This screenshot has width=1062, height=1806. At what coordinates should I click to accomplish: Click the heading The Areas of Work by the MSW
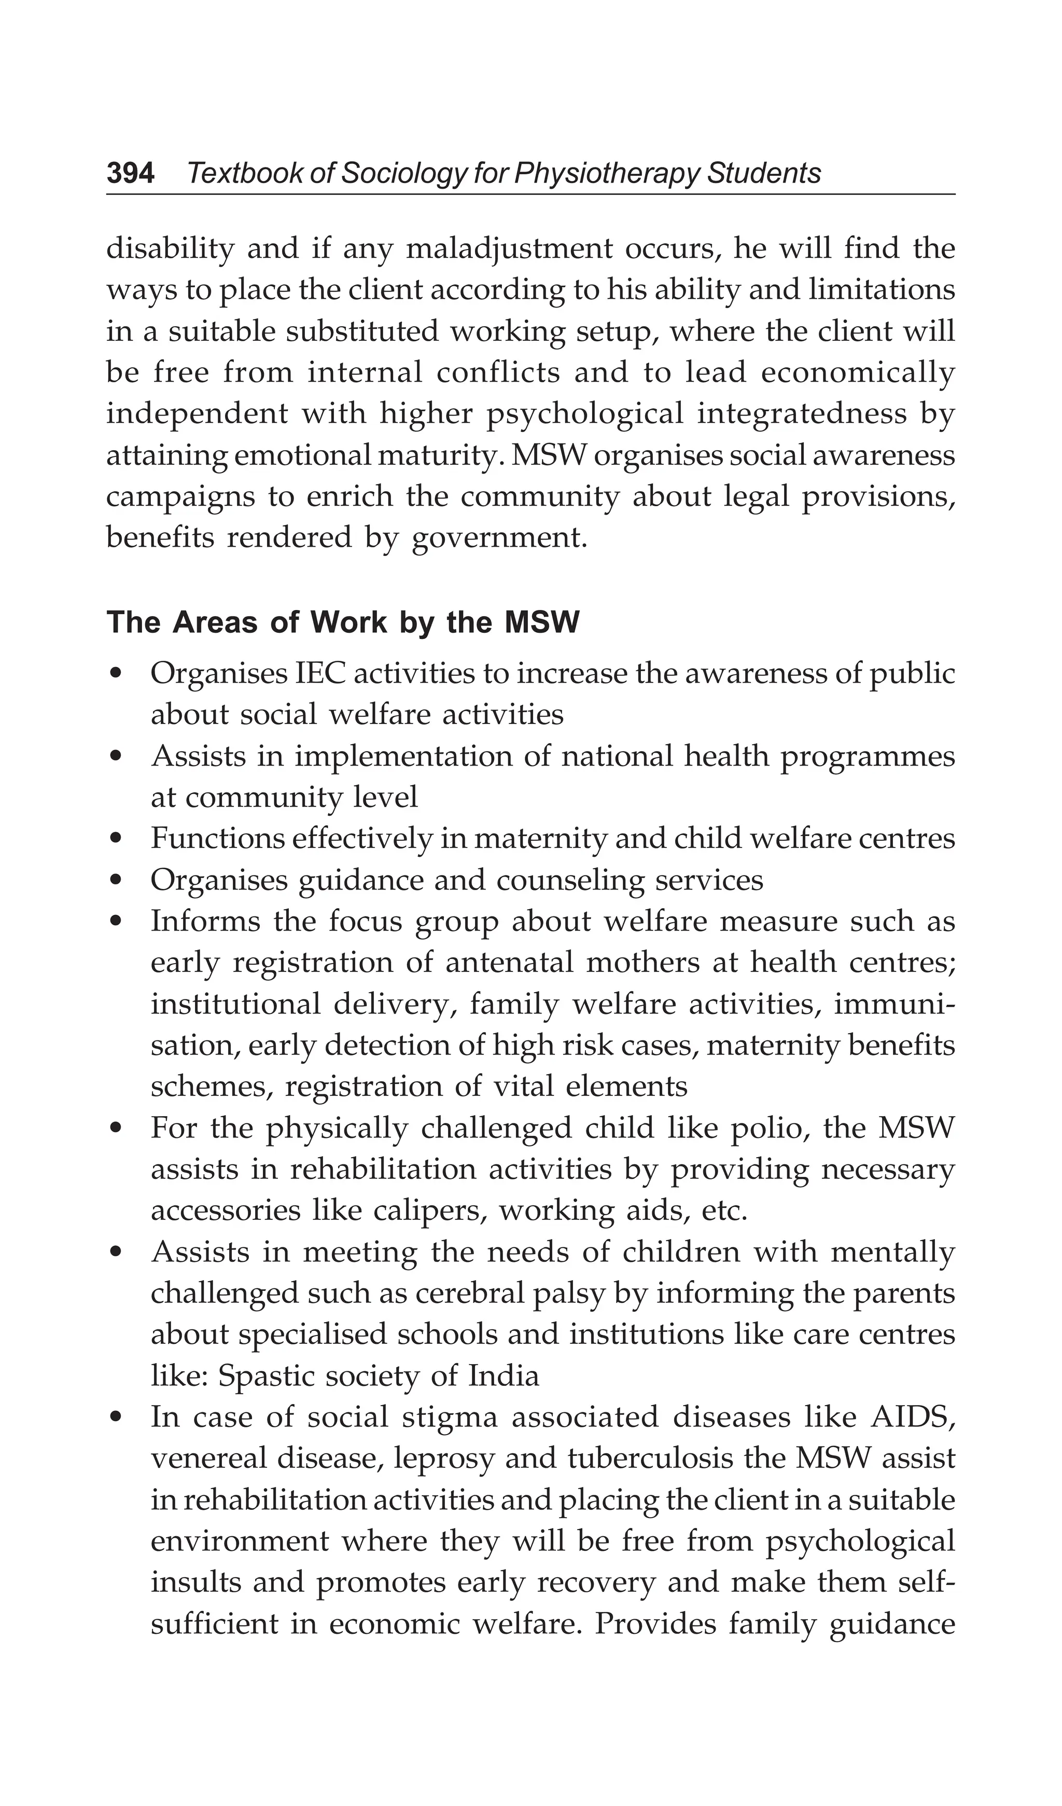[x=343, y=623]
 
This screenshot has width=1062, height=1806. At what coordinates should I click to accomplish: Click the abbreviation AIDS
[x=912, y=1418]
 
